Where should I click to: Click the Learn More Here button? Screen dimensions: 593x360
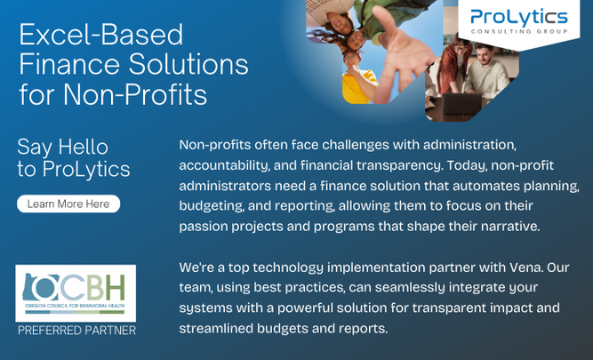(x=68, y=204)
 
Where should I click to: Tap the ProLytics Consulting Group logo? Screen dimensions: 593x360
(x=519, y=23)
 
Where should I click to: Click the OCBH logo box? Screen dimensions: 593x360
(x=76, y=293)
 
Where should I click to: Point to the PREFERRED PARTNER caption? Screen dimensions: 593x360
(x=76, y=331)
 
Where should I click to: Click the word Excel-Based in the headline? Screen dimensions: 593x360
(x=101, y=35)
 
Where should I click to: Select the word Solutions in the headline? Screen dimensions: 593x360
(x=188, y=64)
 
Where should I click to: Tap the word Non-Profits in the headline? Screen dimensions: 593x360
(x=135, y=94)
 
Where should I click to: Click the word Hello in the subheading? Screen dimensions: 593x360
(x=84, y=147)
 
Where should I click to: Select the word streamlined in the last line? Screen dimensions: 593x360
(x=216, y=328)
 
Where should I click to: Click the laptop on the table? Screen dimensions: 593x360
(x=461, y=104)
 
